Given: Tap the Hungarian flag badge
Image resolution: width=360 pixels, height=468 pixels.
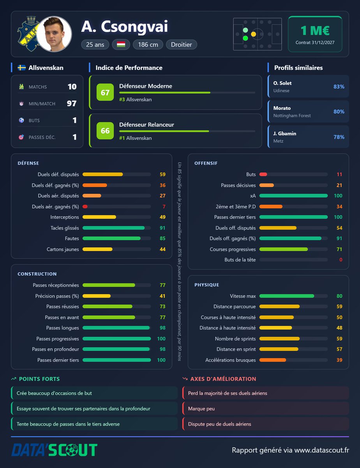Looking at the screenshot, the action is pos(121,44).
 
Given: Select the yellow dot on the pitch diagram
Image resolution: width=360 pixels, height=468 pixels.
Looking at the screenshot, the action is pos(254,34).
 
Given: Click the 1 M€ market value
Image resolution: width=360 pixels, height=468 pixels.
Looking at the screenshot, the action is pos(315,30).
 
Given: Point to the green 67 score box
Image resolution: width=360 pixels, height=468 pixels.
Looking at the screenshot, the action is pos(105,92).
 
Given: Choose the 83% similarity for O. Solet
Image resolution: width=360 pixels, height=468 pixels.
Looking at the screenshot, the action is pos(339,87).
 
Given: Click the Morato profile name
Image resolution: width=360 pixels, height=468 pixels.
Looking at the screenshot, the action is pos(282,108).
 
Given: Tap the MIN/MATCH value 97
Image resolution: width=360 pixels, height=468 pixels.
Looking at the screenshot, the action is pos(72,103).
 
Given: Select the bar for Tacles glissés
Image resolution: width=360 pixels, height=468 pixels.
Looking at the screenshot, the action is pos(113,228).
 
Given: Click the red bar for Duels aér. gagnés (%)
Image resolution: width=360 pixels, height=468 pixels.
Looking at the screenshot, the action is pos(85,207).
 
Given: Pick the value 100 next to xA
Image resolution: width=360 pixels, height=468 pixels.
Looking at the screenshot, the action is pos(338,195).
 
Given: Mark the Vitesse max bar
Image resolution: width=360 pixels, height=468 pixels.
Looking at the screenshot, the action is pos(287,296).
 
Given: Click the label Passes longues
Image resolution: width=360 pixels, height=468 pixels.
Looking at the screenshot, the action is pos(63,328).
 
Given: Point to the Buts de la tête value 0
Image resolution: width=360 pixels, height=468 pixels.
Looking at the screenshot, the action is pos(341,260).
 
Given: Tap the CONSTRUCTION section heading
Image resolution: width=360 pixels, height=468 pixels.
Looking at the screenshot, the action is pos(37,274).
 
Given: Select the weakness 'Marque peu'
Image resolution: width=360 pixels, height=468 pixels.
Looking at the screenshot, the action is pos(201,409).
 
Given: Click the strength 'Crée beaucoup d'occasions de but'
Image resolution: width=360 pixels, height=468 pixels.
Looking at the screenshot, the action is pos(54,393).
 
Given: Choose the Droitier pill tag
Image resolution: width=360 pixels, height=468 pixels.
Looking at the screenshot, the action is pos(181,44).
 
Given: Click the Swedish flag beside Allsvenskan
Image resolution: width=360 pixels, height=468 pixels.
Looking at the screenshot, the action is pos(22,67).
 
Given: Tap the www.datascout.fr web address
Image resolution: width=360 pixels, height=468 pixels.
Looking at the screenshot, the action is pos(321,450).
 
